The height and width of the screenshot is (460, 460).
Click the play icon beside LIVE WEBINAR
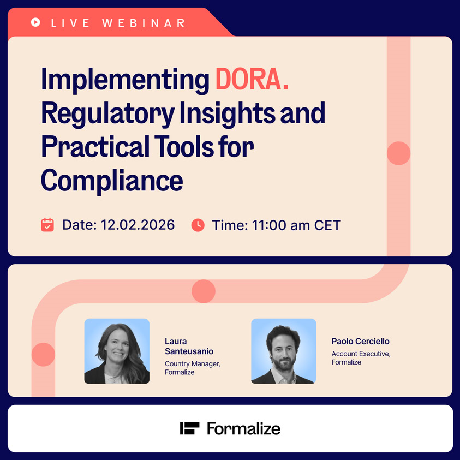(35, 22)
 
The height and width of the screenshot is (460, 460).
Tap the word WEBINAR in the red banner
(144, 23)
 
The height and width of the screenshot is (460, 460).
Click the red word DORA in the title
(252, 80)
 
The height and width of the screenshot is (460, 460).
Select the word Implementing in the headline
(125, 80)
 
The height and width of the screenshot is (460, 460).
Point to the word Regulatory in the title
(108, 114)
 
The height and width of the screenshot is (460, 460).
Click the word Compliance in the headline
(112, 181)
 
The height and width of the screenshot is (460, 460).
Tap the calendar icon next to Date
(47, 225)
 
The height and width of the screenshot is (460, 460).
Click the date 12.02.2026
(138, 225)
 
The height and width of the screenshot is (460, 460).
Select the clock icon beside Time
(198, 225)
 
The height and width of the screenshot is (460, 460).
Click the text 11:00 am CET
(296, 225)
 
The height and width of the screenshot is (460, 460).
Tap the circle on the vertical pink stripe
(398, 153)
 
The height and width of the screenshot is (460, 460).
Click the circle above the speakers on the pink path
(204, 291)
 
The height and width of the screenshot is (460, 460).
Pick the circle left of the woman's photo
(44, 354)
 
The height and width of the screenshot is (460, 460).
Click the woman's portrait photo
(117, 351)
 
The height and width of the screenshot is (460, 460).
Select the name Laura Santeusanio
(189, 346)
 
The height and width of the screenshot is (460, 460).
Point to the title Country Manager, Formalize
(193, 368)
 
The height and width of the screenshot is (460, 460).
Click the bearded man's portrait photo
(284, 351)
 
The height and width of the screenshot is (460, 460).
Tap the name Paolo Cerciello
(360, 341)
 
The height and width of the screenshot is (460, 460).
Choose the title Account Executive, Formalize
(361, 358)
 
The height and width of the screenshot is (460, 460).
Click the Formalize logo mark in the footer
(189, 428)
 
